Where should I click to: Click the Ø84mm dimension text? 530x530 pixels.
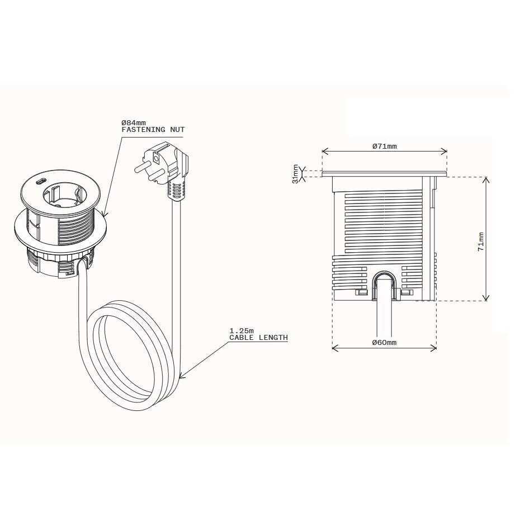134,122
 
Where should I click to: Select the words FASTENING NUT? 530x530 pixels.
153,130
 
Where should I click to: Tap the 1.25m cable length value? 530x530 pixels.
242,330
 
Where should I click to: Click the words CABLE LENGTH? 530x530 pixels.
259,337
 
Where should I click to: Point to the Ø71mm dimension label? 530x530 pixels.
385,146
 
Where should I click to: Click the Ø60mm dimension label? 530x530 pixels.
384,342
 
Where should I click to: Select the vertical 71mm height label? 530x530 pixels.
481,242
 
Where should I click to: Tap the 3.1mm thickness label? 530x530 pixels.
296,174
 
